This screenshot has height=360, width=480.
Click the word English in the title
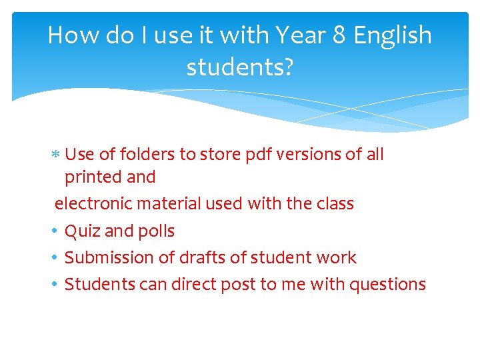click(x=393, y=35)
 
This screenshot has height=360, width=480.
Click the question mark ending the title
click(x=288, y=67)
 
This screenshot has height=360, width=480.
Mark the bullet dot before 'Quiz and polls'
click(x=54, y=231)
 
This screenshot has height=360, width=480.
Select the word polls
click(x=157, y=231)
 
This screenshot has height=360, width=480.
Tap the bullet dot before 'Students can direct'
click(x=54, y=284)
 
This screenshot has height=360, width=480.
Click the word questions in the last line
click(x=387, y=285)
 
